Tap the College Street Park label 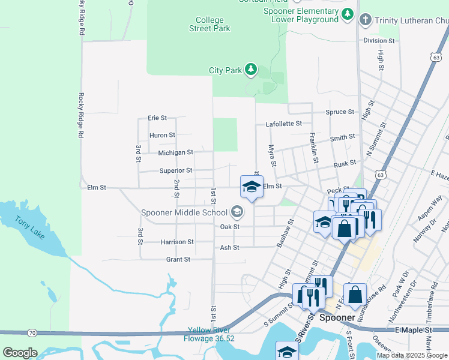(x=209, y=24)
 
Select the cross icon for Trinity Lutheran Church (x=364, y=20)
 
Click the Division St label (x=379, y=41)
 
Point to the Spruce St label (x=340, y=112)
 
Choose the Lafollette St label (x=284, y=124)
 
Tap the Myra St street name (x=272, y=155)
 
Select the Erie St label (x=157, y=118)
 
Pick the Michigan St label (x=175, y=153)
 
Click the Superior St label (x=175, y=170)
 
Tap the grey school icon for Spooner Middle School (x=237, y=212)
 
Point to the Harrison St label (x=177, y=242)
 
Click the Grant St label (x=178, y=259)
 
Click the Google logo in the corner (x=20, y=353)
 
